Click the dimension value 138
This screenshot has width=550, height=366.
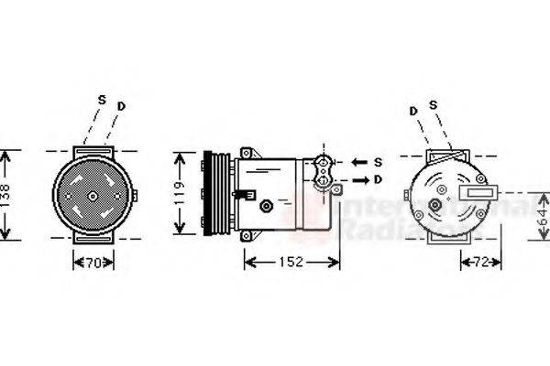[7, 194]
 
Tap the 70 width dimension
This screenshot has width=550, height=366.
[93, 263]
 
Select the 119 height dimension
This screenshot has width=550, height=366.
[181, 194]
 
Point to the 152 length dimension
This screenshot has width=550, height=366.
[290, 263]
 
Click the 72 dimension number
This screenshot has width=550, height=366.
[480, 263]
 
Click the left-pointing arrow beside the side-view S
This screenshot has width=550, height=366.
[357, 162]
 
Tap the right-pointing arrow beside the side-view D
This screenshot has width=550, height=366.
[357, 179]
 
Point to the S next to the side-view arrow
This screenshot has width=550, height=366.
[378, 162]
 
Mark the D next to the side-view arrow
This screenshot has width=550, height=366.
[378, 179]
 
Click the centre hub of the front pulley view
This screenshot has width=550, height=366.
[93, 195]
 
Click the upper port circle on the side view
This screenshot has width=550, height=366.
[322, 164]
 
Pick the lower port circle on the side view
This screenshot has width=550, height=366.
[322, 181]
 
